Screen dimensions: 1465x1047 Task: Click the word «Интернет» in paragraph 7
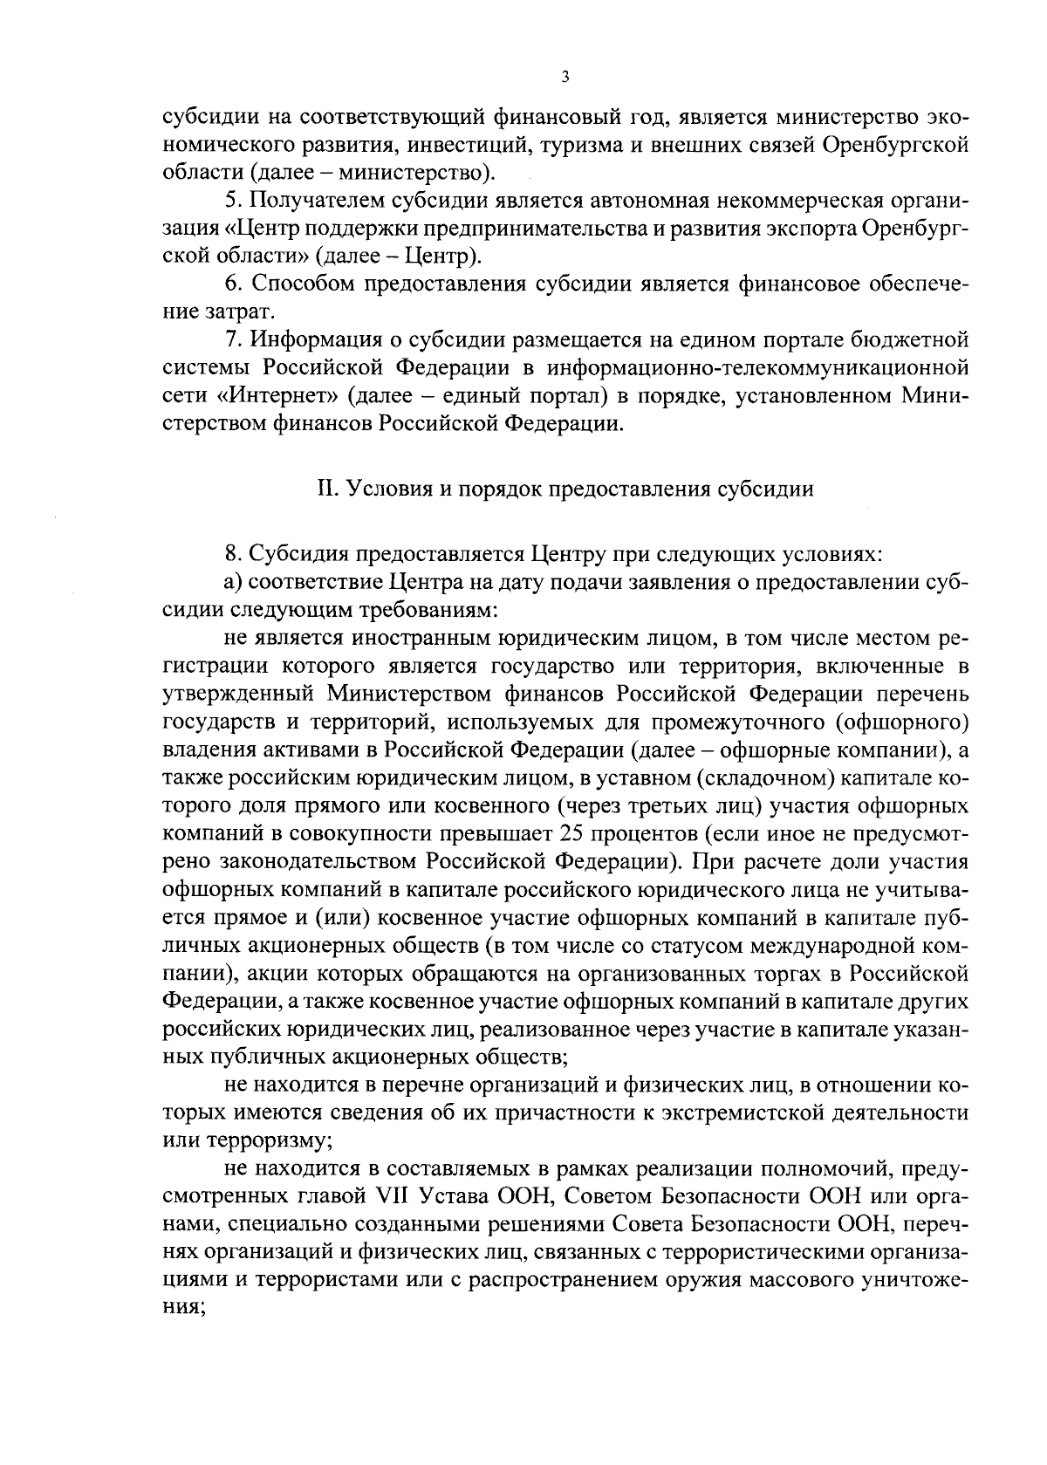277,395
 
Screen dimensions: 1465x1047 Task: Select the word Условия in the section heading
385,489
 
